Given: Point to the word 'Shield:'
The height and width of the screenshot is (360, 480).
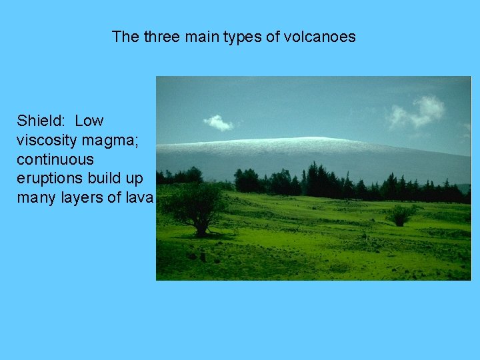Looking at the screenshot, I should click(42, 121).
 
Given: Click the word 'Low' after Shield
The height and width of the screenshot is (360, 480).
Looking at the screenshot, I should click(89, 121).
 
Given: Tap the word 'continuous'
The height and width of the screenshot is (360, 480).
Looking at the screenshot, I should click(55, 160).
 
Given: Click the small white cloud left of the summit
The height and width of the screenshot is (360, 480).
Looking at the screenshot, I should click(218, 123).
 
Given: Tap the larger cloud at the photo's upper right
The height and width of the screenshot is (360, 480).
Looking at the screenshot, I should click(419, 111).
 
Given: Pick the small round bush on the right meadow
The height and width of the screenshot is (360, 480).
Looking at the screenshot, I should click(401, 215).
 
